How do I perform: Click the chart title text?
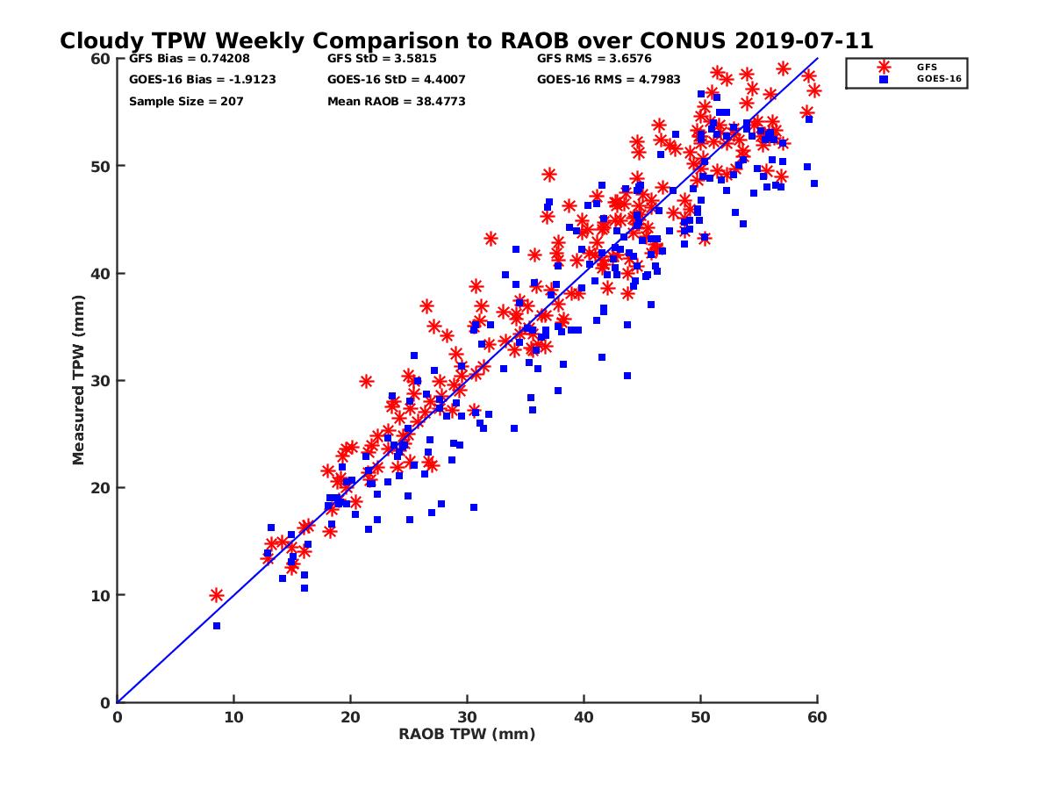pos(466,40)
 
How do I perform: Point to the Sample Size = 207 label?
pos(186,101)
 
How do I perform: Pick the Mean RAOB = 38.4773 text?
pos(396,101)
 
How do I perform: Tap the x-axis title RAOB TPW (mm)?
pos(467,734)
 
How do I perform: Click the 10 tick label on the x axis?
pos(233,717)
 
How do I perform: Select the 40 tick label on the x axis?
pos(584,717)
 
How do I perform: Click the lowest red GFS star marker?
pos(217,595)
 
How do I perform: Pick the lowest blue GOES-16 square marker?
pos(216,626)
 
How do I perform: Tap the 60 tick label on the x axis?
pos(818,717)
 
